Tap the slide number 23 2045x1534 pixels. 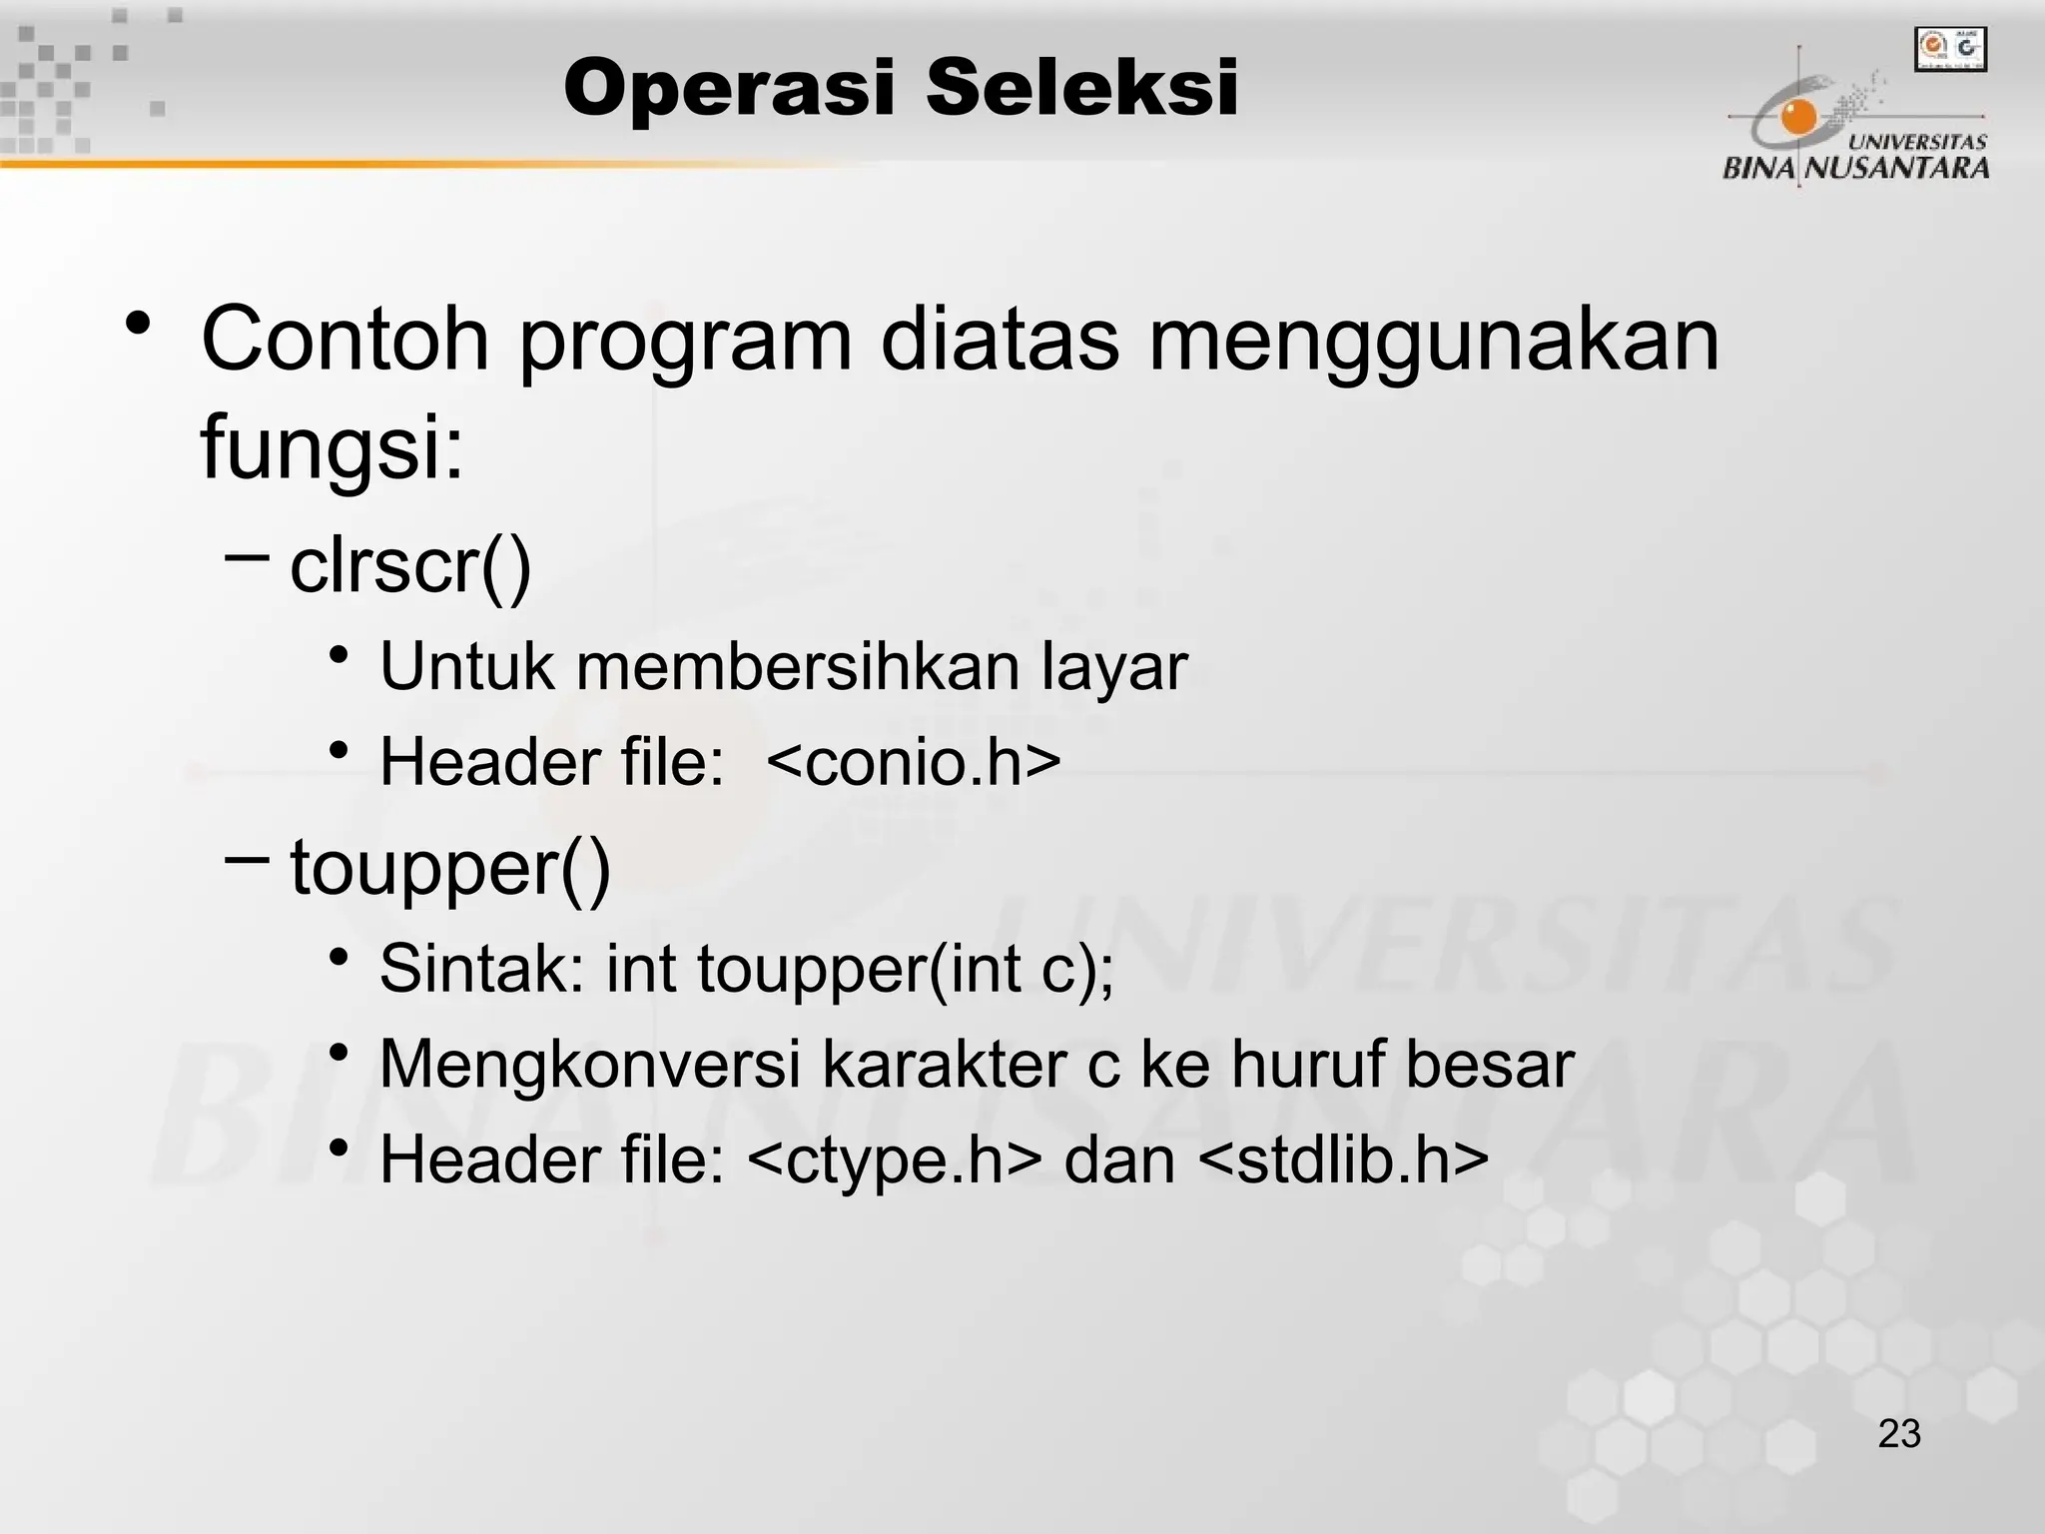click(x=1899, y=1434)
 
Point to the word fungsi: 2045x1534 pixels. click(x=333, y=446)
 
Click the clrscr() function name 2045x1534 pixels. click(x=410, y=567)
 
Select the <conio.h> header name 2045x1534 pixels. click(x=913, y=763)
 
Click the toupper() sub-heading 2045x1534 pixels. click(x=449, y=868)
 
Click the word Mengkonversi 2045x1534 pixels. click(x=589, y=1065)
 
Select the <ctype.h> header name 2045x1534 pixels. click(x=893, y=1161)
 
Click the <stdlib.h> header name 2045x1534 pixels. click(x=1342, y=1160)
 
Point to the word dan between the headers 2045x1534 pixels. click(x=1119, y=1161)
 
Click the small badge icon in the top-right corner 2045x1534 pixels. click(x=1950, y=50)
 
